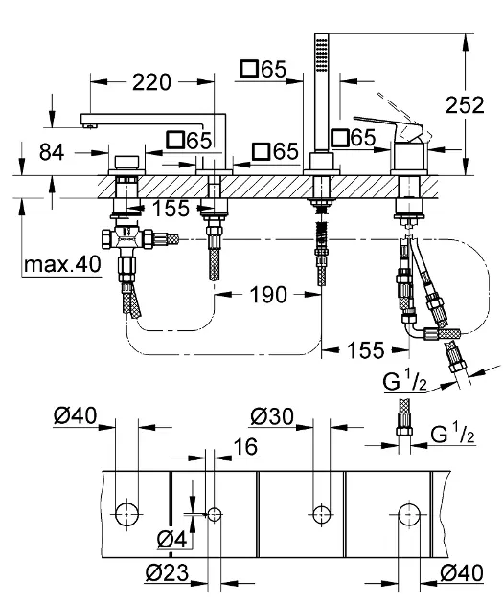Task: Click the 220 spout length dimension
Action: click(x=151, y=82)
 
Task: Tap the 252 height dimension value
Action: click(x=465, y=105)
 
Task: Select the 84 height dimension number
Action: click(x=52, y=153)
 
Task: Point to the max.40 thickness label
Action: click(x=62, y=264)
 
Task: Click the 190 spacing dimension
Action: click(x=268, y=295)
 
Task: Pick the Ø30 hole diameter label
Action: click(x=272, y=416)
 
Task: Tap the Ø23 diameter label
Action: click(x=168, y=572)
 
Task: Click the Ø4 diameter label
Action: click(x=172, y=539)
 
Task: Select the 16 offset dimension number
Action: click(x=245, y=446)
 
